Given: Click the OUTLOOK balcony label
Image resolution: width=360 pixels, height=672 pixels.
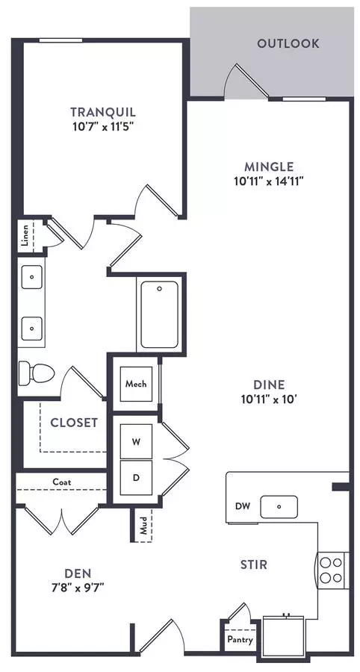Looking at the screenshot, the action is coord(288,43).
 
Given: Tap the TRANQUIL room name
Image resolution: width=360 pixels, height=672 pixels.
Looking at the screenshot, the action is coord(103,112).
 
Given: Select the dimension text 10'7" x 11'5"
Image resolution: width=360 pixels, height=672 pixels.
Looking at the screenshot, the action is coord(103,127).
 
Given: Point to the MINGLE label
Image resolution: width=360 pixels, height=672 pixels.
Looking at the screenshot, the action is coord(269,167).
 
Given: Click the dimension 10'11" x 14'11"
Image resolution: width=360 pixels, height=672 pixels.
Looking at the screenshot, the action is coord(269,181).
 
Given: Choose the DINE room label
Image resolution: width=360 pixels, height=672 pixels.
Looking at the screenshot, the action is coord(269,385).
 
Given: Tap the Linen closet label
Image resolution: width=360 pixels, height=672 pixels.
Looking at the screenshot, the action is coord(25,235).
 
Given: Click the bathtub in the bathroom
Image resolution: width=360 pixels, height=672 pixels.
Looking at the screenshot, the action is coord(159,314).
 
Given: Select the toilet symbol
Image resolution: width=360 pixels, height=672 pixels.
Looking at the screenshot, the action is coord(37,373).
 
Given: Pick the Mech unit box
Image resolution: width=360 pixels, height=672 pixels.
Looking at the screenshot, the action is coord(136,384).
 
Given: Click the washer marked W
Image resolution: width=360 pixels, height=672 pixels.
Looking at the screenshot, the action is coord(136,441).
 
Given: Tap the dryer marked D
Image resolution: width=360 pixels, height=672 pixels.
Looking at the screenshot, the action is coord(136,478).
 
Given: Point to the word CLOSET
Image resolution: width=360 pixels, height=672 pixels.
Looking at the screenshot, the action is coord(74,423).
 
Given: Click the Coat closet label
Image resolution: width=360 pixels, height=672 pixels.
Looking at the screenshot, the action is coord(62,482).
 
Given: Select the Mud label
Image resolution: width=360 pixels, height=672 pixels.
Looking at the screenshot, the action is coord(143,526).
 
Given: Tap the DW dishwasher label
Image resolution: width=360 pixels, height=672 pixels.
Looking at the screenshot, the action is coord(242,505).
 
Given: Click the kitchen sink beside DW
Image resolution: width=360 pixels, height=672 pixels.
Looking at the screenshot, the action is coord(279,506).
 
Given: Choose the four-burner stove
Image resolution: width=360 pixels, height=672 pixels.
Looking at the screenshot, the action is coord(332,570).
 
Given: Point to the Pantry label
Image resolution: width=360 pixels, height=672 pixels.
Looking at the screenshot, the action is coord(240,640).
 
